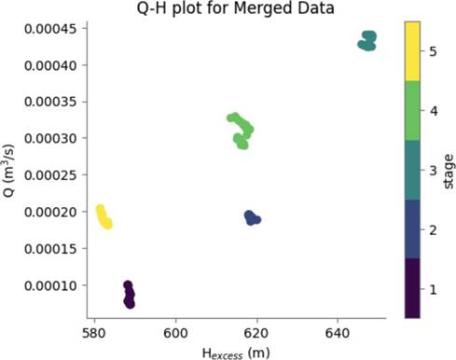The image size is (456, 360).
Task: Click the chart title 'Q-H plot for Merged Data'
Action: point(235,8)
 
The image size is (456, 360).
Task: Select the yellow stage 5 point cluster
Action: point(104,217)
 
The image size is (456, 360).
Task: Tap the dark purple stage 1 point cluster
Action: point(129,295)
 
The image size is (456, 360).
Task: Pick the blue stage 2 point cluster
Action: point(252,218)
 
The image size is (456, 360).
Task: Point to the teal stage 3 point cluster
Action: point(367,41)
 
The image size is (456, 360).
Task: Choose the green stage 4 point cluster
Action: point(241,131)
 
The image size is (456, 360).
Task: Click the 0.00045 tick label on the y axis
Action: point(50,29)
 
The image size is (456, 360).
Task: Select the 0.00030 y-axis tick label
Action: point(50,138)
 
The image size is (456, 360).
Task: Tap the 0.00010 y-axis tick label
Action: point(50,285)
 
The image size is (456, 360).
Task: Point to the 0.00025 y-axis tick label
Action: point(50,175)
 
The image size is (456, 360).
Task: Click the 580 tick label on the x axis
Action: point(95,333)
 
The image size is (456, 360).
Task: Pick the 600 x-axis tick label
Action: point(176,333)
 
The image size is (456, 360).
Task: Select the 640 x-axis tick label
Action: point(338,333)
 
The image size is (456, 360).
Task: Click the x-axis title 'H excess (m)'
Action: point(236,353)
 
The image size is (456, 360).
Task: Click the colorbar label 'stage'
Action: point(449,172)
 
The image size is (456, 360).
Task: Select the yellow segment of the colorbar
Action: point(412,51)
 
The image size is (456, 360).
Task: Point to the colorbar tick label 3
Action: point(433,171)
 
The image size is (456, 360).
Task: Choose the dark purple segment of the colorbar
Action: point(412,288)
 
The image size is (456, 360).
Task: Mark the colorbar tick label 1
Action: point(433,290)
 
